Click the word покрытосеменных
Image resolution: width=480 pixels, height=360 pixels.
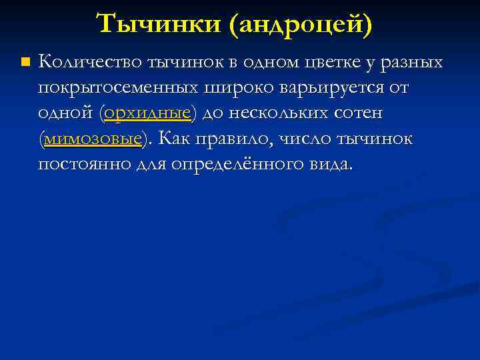117,88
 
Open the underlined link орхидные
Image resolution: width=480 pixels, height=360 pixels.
147,113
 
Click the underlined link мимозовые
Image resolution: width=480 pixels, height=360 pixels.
93,139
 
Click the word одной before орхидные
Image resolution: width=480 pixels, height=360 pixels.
66,113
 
